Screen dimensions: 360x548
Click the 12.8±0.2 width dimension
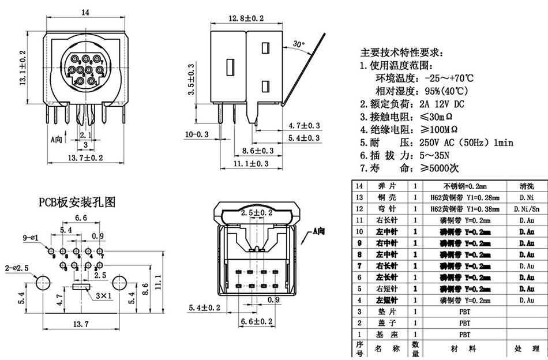(x=246, y=18)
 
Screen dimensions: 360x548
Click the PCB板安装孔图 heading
(x=77, y=202)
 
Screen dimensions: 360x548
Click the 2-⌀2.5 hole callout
(x=17, y=268)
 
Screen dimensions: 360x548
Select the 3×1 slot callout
(x=104, y=296)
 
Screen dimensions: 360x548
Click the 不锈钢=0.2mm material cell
(x=465, y=186)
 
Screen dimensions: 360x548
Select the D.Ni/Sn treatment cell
(x=526, y=208)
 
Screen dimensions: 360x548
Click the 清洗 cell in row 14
(x=526, y=186)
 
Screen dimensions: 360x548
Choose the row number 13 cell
(x=360, y=197)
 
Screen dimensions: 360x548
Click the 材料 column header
(x=464, y=348)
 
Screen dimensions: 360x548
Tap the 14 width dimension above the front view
(x=85, y=12)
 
